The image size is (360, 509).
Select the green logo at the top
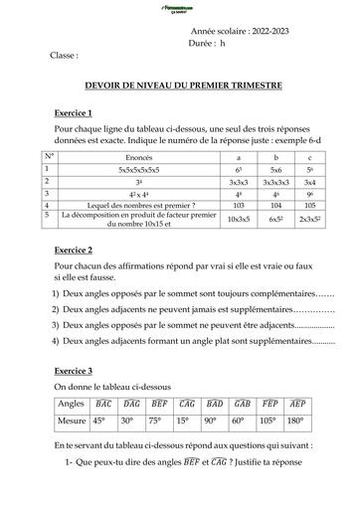pos(180,8)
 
